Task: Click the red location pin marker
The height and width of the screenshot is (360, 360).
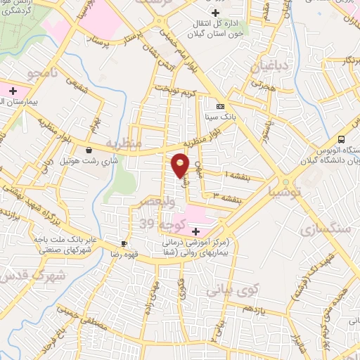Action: click(181, 165)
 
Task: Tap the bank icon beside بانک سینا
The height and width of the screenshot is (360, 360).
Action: click(221, 106)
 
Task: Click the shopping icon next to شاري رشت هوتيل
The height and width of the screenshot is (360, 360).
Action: click(89, 149)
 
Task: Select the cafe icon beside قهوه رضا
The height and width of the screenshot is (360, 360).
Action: click(124, 243)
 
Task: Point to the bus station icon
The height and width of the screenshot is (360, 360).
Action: click(341, 139)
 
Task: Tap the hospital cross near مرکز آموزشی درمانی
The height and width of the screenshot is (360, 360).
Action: click(195, 231)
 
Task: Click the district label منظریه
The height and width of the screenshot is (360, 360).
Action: click(124, 143)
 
